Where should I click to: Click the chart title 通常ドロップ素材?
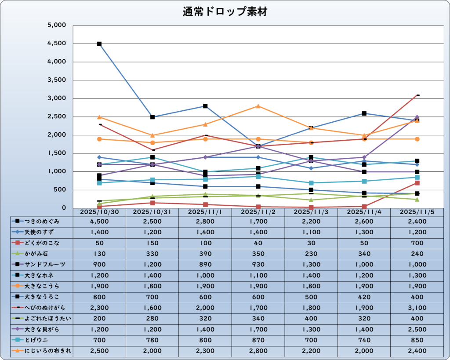[225, 12]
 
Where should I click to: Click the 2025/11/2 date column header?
[258, 212]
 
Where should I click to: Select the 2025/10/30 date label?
[99, 212]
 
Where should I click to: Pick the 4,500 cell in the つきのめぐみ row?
[99, 221]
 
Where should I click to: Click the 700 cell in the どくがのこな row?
[417, 243]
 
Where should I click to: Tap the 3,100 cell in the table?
[417, 307]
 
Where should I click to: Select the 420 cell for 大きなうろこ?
[364, 297]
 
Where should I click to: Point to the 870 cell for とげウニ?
[258, 340]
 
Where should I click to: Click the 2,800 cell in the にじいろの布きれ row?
[258, 350]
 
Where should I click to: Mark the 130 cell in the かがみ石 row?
[99, 254]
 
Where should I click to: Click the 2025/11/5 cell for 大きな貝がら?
[417, 329]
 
